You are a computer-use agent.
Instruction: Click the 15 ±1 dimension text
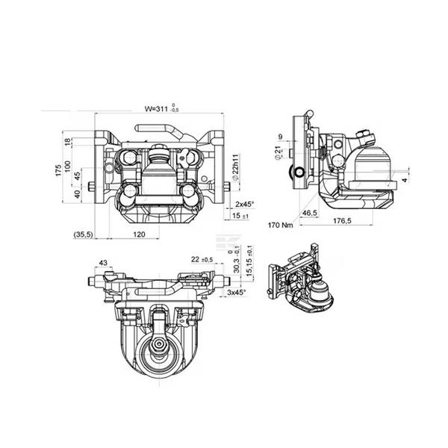pyautogui.click(x=240, y=216)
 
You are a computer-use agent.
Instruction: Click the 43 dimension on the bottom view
pyautogui.click(x=103, y=262)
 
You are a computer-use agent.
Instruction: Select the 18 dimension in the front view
pyautogui.click(x=67, y=142)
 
